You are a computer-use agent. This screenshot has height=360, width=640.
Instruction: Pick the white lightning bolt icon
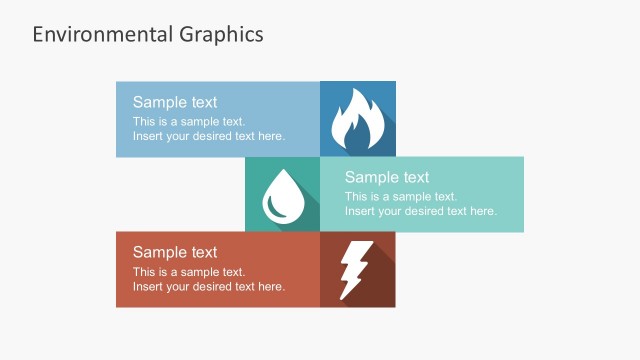pos(355,269)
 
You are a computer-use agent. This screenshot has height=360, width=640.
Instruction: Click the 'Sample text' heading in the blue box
pos(175,102)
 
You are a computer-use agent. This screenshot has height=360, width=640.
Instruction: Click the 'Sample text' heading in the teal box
pos(387,178)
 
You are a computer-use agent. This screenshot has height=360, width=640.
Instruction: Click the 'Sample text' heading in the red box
pos(175,252)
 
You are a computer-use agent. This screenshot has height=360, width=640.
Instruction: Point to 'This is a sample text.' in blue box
pos(189,121)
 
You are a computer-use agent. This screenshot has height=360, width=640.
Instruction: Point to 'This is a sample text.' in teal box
pos(401,197)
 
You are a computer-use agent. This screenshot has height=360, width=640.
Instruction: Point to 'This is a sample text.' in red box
pos(189,272)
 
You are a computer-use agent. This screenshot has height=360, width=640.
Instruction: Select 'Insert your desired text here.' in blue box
pos(209,136)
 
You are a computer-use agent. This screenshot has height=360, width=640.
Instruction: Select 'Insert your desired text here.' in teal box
pos(421,211)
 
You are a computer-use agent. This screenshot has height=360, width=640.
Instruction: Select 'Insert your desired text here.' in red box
pos(209,286)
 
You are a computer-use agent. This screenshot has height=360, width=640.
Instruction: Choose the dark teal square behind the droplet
pos(260,170)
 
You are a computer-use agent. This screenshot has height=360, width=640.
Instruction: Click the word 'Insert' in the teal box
pos(360,211)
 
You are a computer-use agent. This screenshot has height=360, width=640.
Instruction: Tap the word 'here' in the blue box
pos(270,136)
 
